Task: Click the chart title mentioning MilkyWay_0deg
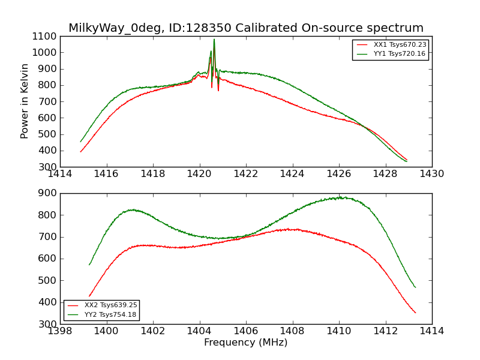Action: click(x=246, y=28)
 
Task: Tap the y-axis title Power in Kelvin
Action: click(x=25, y=101)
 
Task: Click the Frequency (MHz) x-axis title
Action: click(x=246, y=343)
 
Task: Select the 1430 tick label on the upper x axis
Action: click(x=431, y=174)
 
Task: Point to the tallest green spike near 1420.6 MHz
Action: click(x=214, y=40)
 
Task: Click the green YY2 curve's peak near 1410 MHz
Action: click(x=339, y=197)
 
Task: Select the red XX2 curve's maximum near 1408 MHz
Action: click(x=291, y=229)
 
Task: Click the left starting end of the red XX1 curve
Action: click(x=81, y=151)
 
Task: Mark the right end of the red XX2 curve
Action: click(x=415, y=312)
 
